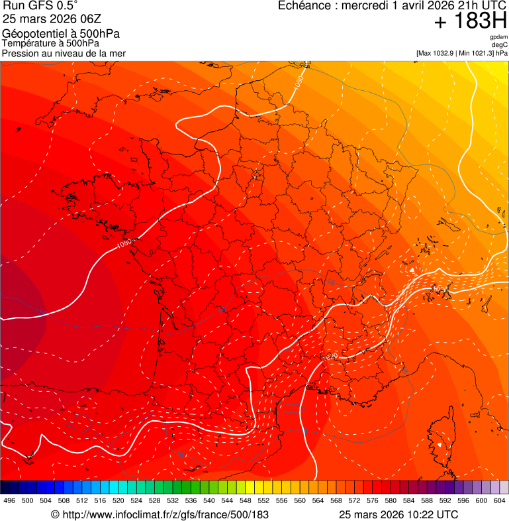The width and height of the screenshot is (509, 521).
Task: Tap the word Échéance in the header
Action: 302,6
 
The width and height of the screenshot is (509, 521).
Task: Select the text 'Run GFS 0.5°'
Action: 40,7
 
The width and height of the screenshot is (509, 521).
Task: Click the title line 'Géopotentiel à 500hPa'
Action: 61,34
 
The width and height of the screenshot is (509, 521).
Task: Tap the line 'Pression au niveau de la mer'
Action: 64,53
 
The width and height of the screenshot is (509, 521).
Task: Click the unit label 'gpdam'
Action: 498,37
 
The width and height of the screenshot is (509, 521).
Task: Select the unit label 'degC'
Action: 500,45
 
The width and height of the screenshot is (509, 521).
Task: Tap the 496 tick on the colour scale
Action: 9,500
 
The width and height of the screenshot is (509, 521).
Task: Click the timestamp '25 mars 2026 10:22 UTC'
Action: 398,514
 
